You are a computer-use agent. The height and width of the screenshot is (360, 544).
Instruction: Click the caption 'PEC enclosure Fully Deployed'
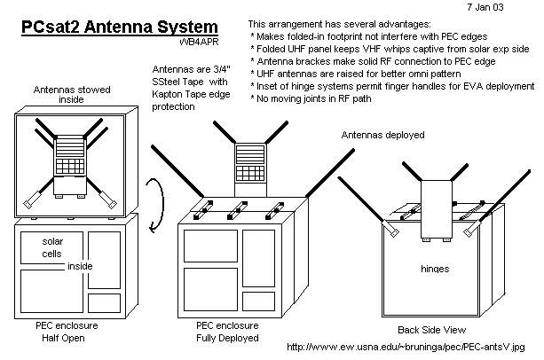227,333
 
